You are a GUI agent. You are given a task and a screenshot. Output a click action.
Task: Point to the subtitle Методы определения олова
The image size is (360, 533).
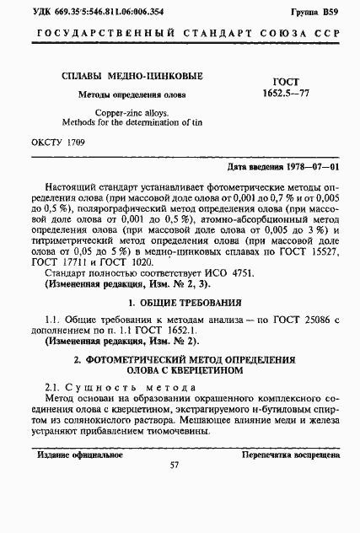[132, 94]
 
